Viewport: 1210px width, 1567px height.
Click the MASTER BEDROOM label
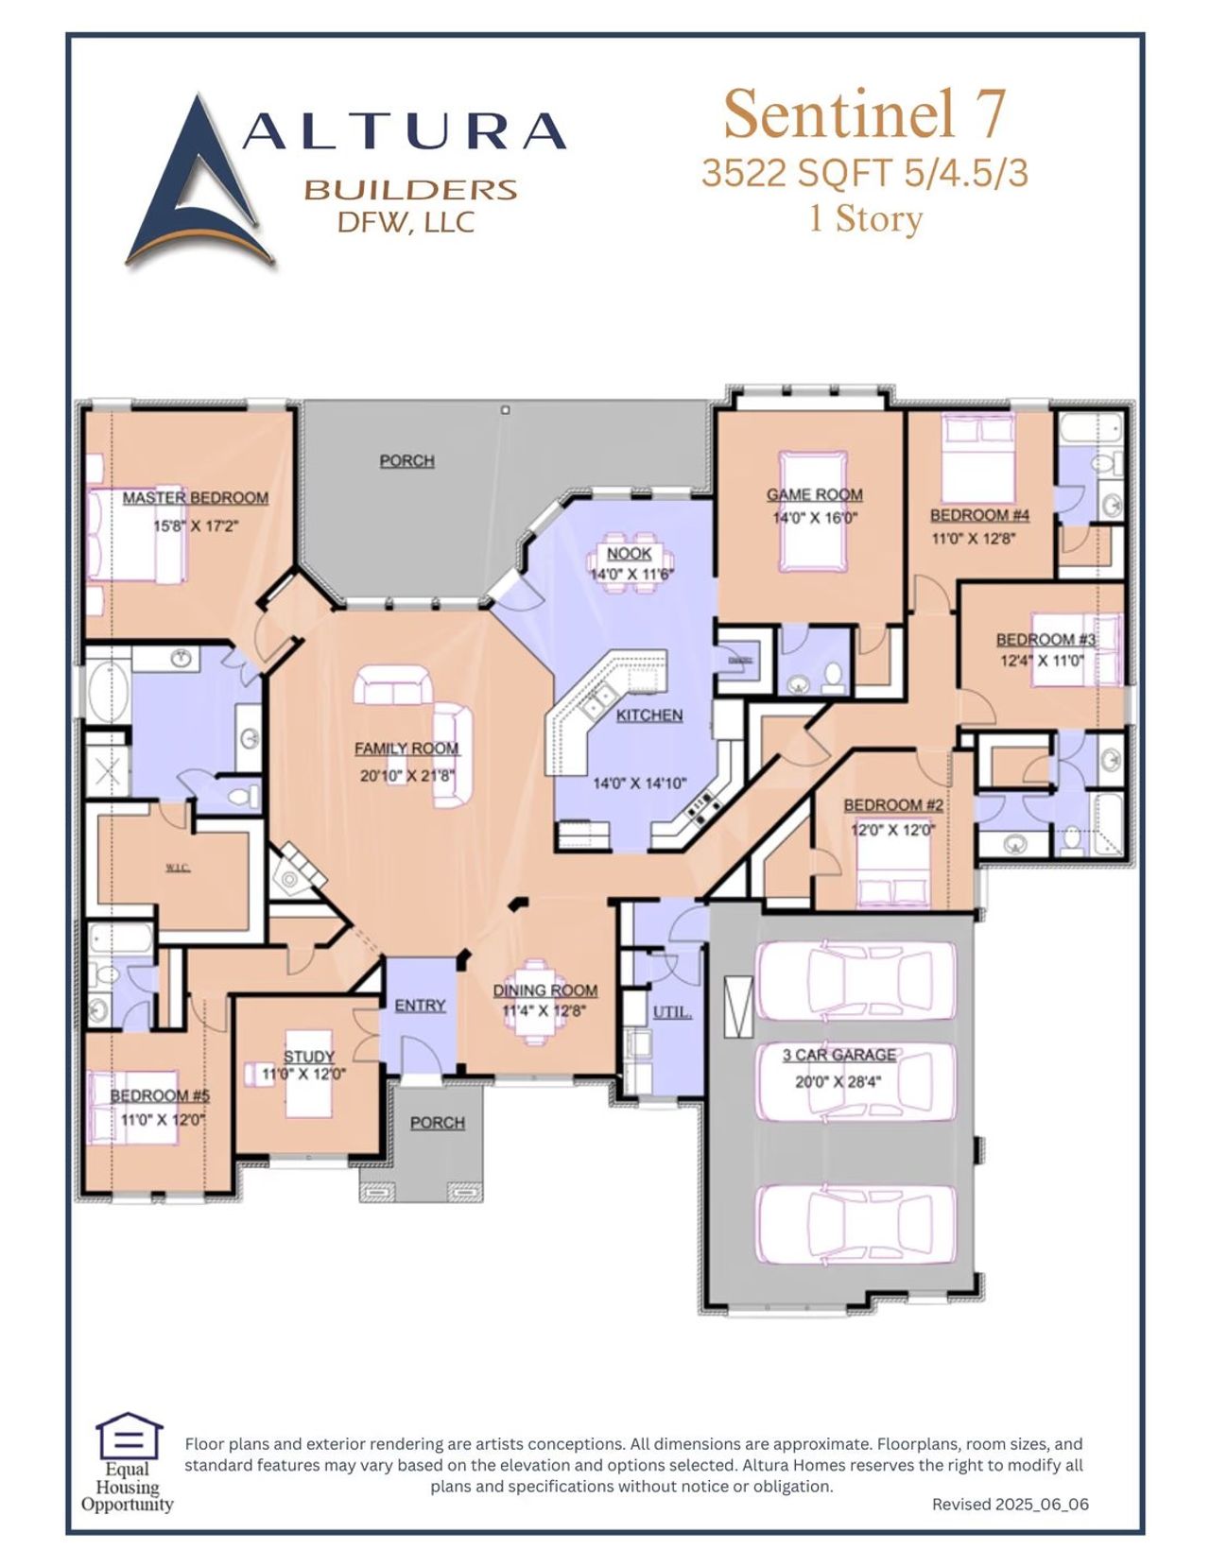click(195, 497)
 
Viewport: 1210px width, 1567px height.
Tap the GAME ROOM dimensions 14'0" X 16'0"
click(814, 518)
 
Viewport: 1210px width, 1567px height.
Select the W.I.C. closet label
click(177, 868)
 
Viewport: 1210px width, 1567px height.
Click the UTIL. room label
click(671, 1012)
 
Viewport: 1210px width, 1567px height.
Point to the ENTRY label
click(420, 1005)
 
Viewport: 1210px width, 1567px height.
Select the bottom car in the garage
click(856, 1224)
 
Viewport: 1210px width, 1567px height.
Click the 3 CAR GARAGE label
click(838, 1055)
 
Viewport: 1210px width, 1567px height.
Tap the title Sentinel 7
click(864, 113)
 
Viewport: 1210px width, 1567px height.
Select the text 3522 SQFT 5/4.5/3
click(864, 173)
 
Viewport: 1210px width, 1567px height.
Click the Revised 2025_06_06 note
click(1010, 1504)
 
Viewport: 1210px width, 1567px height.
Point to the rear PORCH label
click(406, 460)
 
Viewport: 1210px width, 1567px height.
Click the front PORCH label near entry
click(437, 1122)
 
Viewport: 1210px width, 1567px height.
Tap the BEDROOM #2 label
click(892, 804)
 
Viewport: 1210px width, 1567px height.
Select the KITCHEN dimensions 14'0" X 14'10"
click(639, 783)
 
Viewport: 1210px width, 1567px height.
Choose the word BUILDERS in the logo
click(410, 189)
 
